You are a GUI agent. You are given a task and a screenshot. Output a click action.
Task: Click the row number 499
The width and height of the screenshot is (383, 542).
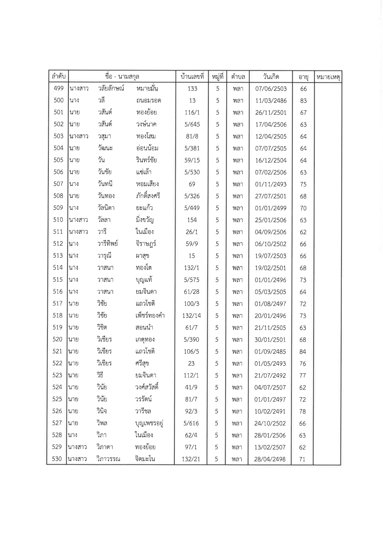(58, 88)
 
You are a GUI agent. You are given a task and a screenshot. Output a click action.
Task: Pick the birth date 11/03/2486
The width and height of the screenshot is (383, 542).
(271, 101)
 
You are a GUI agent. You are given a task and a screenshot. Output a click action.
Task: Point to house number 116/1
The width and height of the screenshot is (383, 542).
(192, 112)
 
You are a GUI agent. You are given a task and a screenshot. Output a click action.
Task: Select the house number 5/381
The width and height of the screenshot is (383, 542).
(192, 148)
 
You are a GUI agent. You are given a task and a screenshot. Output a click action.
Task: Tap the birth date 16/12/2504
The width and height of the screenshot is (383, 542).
(271, 160)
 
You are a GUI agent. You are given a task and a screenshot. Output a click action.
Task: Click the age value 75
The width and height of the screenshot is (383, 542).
(303, 184)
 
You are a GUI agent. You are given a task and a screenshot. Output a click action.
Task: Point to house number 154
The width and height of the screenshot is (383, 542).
(192, 220)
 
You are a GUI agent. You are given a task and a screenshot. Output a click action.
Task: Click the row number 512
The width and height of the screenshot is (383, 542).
(58, 244)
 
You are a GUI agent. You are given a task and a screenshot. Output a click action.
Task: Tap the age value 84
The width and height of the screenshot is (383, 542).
(303, 352)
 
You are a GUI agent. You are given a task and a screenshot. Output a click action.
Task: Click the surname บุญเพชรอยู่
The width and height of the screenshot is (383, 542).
(149, 423)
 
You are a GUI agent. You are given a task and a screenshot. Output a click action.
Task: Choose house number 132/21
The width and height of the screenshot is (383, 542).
(191, 459)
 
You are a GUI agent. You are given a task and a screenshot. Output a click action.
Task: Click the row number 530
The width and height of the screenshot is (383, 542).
(57, 459)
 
